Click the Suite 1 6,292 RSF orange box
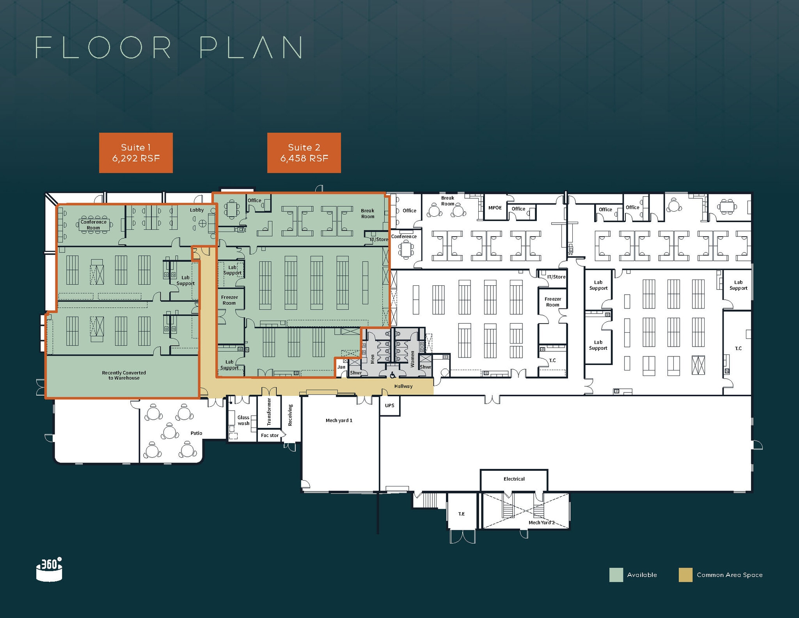(136, 153)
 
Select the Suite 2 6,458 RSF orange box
(304, 153)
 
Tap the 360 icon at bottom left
(49, 569)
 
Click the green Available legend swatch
(616, 575)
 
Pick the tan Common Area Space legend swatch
(685, 575)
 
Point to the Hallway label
(403, 386)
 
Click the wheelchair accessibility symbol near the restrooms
(392, 375)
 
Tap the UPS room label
(390, 405)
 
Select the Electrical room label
(514, 479)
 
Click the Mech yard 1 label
(339, 420)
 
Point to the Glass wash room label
(243, 420)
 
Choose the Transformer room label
(269, 411)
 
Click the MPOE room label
(495, 208)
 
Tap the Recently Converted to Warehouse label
(124, 375)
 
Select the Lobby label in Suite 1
(197, 210)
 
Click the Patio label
(197, 433)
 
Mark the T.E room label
(462, 514)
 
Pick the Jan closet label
(341, 367)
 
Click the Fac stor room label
(270, 435)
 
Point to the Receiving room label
(290, 415)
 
